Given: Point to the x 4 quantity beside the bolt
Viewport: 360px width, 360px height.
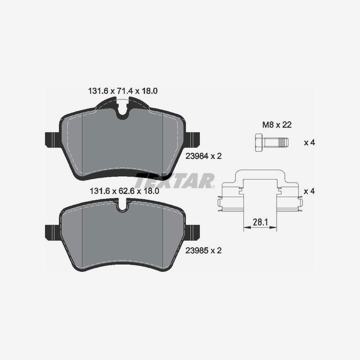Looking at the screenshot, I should [309, 143].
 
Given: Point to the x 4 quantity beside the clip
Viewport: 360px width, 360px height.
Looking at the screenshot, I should [309, 191].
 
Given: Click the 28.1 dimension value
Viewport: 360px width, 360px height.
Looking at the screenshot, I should [258, 222].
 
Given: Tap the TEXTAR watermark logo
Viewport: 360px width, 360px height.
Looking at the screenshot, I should [175, 181].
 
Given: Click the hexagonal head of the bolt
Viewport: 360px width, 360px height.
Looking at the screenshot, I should [258, 143].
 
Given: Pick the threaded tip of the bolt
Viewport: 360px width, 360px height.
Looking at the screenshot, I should [283, 143].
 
